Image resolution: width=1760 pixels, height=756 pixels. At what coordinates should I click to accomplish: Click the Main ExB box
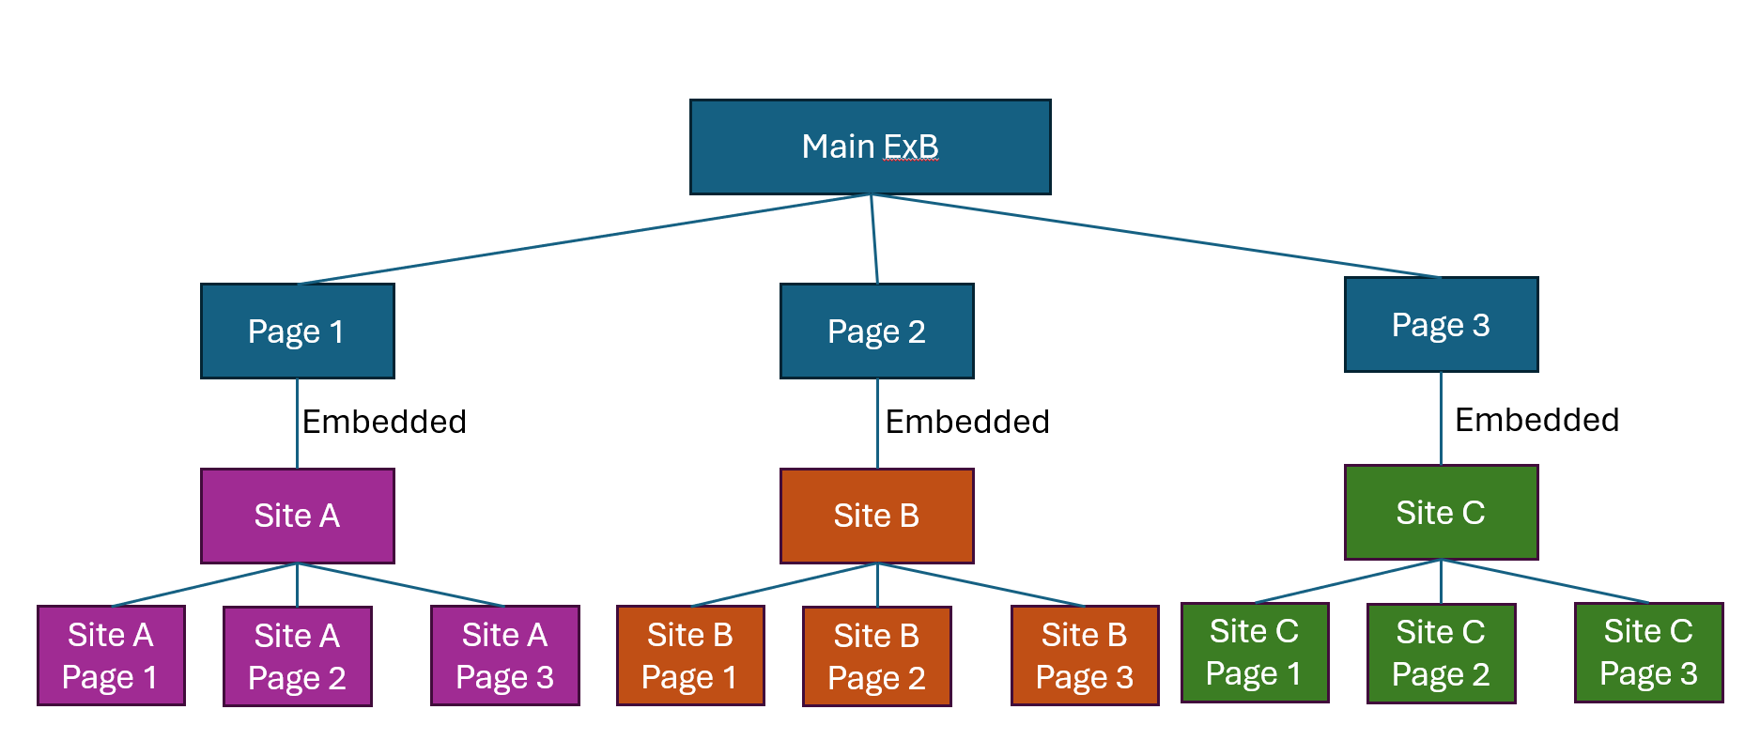coord(870,147)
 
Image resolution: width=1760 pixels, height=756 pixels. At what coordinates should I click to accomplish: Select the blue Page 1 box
coord(297,332)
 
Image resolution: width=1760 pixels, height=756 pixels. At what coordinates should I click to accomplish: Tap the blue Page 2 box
coord(876,332)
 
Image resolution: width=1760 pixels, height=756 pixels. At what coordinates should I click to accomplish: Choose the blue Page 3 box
coord(1441,325)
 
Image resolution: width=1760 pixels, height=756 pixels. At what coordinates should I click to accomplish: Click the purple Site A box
coord(297,516)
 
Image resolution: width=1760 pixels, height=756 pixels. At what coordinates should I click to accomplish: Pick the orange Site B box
coord(876,516)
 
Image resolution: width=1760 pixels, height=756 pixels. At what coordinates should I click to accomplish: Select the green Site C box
coord(1441,513)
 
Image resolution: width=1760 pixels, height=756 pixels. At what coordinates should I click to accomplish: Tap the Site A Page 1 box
coord(111,656)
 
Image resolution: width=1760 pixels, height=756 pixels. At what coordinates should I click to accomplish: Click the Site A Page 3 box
coord(504,656)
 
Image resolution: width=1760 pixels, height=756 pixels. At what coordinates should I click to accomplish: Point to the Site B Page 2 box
coord(876,656)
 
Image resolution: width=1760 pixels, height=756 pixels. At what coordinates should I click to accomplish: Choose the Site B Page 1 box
coord(690,656)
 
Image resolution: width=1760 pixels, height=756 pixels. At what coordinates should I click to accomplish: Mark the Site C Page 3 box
coord(1648,653)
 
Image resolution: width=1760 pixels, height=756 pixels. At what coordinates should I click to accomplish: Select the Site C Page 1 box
coord(1254,653)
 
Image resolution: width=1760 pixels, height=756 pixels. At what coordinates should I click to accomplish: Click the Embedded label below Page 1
coord(384,422)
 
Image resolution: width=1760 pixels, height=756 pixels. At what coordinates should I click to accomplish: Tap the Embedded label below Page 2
coord(967,422)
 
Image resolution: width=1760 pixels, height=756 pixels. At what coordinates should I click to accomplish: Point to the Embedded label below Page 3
coord(1536,420)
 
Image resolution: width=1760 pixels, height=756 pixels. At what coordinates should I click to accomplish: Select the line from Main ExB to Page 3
coord(1155,236)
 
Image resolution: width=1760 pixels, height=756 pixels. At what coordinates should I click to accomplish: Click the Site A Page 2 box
coord(297,656)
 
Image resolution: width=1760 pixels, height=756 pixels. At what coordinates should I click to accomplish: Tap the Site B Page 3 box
coord(1085,656)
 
